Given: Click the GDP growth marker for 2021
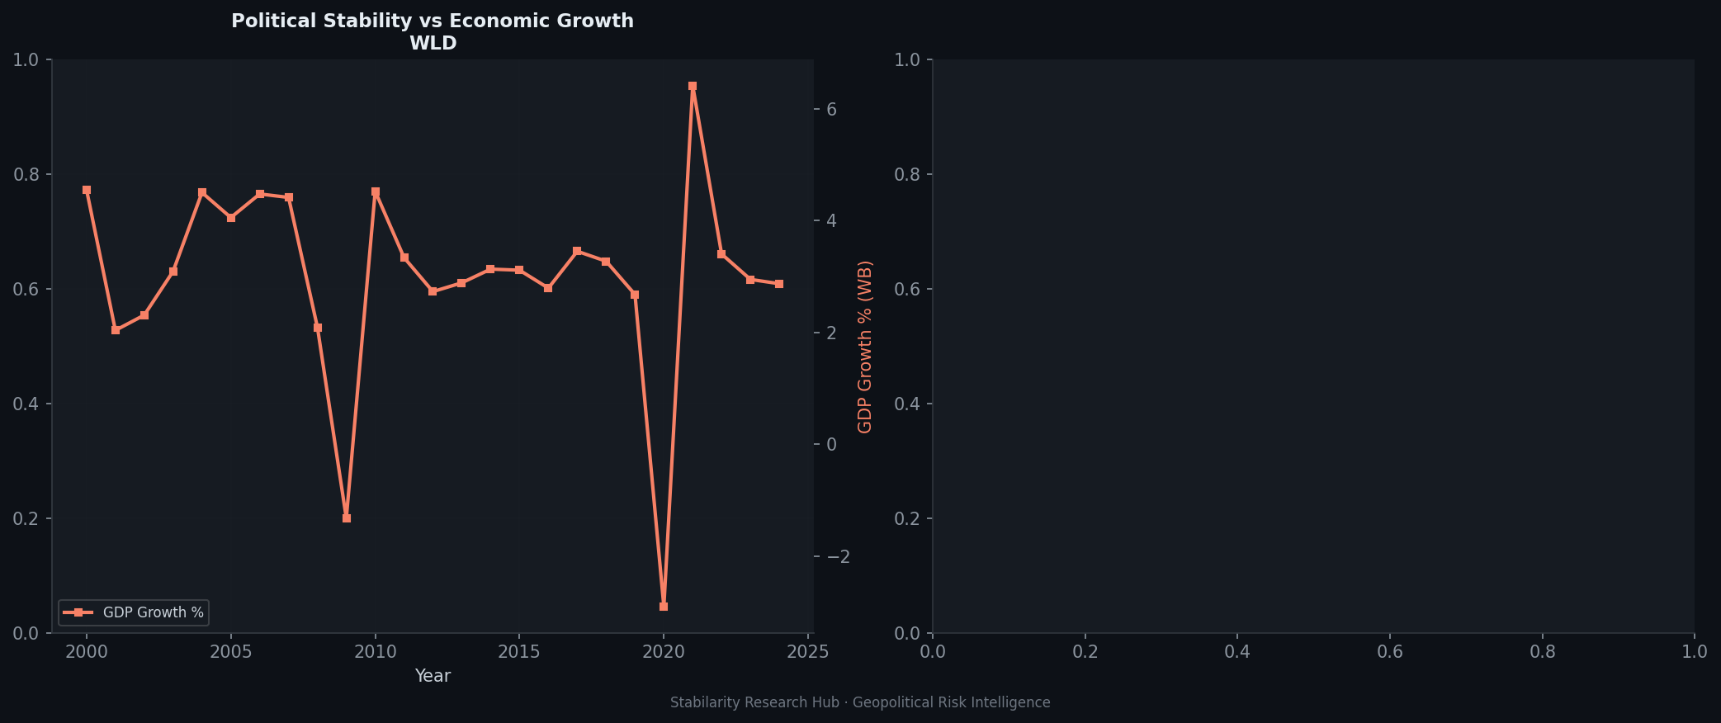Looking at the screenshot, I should coord(693,86).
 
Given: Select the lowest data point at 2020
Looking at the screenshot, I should coord(664,607).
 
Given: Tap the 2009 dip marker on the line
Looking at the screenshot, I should coord(347,518).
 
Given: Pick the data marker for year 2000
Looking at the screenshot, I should coord(87,190).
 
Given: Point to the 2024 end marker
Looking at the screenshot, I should coord(779,284).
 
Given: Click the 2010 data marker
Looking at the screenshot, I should coord(376,191).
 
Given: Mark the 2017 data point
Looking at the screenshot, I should coord(577,251).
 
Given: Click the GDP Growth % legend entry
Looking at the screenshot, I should coord(153,612).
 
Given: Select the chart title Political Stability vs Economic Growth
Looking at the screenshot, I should coord(433,21).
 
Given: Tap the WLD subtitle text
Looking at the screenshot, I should coord(433,44).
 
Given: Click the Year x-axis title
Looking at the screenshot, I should coord(433,676).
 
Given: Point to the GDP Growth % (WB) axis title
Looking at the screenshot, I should coord(865,347).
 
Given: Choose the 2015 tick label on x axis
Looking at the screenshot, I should coord(519,653).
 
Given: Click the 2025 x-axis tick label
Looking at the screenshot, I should coord(808,653).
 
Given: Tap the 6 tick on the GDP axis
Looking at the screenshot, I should coord(832,110).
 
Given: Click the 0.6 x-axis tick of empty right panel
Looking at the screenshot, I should coord(1390,653).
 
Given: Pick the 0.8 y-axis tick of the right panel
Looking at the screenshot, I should coord(909,174).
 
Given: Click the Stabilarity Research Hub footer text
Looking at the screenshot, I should coord(860,702).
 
